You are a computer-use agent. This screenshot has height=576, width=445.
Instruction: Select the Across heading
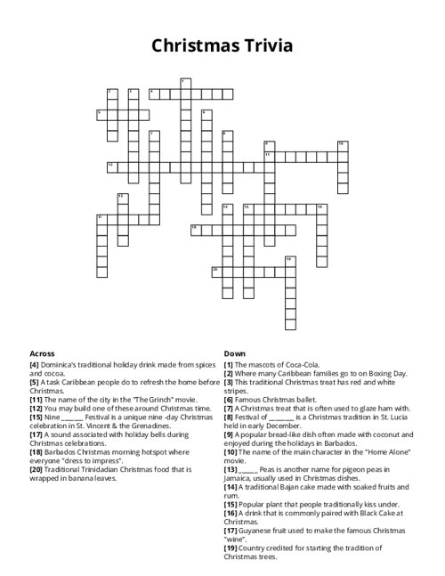(43, 353)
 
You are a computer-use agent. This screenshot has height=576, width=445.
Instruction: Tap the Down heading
(234, 353)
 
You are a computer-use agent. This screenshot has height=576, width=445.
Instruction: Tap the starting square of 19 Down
(289, 261)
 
